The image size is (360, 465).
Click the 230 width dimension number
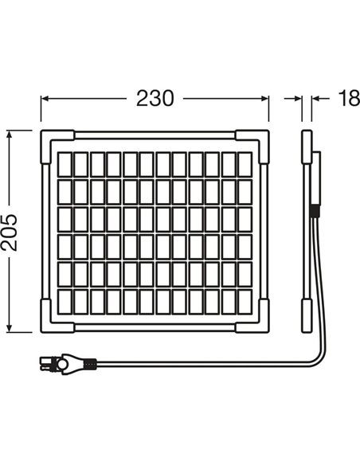155,98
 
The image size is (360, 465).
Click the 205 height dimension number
9,232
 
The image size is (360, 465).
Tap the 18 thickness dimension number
349,98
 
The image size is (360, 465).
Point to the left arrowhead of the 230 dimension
45,99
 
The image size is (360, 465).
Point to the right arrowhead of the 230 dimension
265,99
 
